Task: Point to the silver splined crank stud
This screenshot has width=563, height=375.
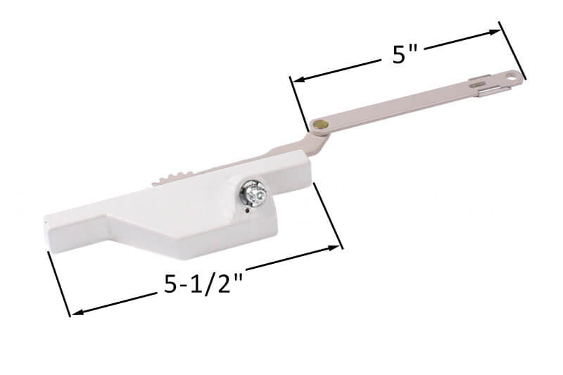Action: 251,192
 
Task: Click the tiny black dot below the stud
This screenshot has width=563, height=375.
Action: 248,208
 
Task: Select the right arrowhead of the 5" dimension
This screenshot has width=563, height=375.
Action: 497,31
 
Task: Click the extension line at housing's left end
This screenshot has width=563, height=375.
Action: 59,285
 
